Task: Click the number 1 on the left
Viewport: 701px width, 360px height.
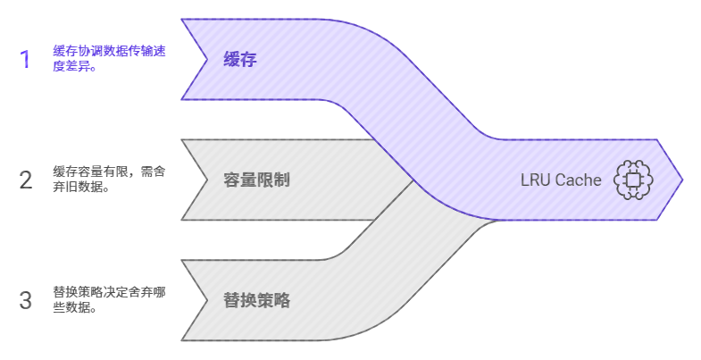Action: click(25, 60)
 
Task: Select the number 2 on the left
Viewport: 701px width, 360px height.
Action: click(25, 180)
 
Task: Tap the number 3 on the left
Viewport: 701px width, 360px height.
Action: click(25, 301)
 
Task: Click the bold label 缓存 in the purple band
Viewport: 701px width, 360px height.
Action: click(239, 60)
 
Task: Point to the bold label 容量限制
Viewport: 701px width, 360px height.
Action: click(256, 180)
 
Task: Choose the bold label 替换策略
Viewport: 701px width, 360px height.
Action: click(256, 301)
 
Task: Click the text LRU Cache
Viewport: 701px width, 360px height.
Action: click(561, 180)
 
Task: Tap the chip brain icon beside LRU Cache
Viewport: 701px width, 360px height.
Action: click(633, 180)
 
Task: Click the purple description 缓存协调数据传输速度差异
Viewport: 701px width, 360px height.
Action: click(109, 59)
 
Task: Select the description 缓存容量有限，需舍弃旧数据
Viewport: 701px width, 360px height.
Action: click(109, 180)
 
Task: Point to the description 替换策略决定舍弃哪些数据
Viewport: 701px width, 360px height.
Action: click(109, 300)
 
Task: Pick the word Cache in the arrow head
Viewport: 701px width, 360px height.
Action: click(579, 180)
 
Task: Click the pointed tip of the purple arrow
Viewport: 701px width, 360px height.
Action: click(681, 180)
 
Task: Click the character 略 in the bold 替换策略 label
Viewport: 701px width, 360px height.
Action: click(282, 301)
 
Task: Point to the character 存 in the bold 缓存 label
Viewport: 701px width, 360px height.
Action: click(248, 60)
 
